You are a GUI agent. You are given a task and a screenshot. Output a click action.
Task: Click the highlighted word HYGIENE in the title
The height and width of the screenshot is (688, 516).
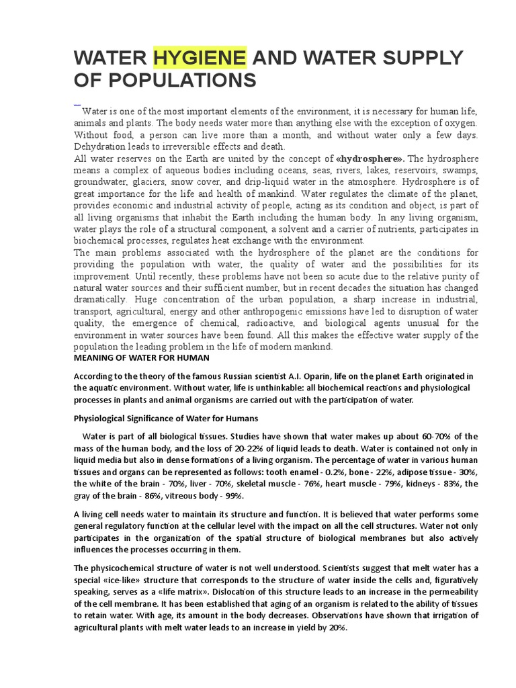[200, 58]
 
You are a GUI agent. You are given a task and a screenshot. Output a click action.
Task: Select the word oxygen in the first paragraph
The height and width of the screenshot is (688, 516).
[459, 123]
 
